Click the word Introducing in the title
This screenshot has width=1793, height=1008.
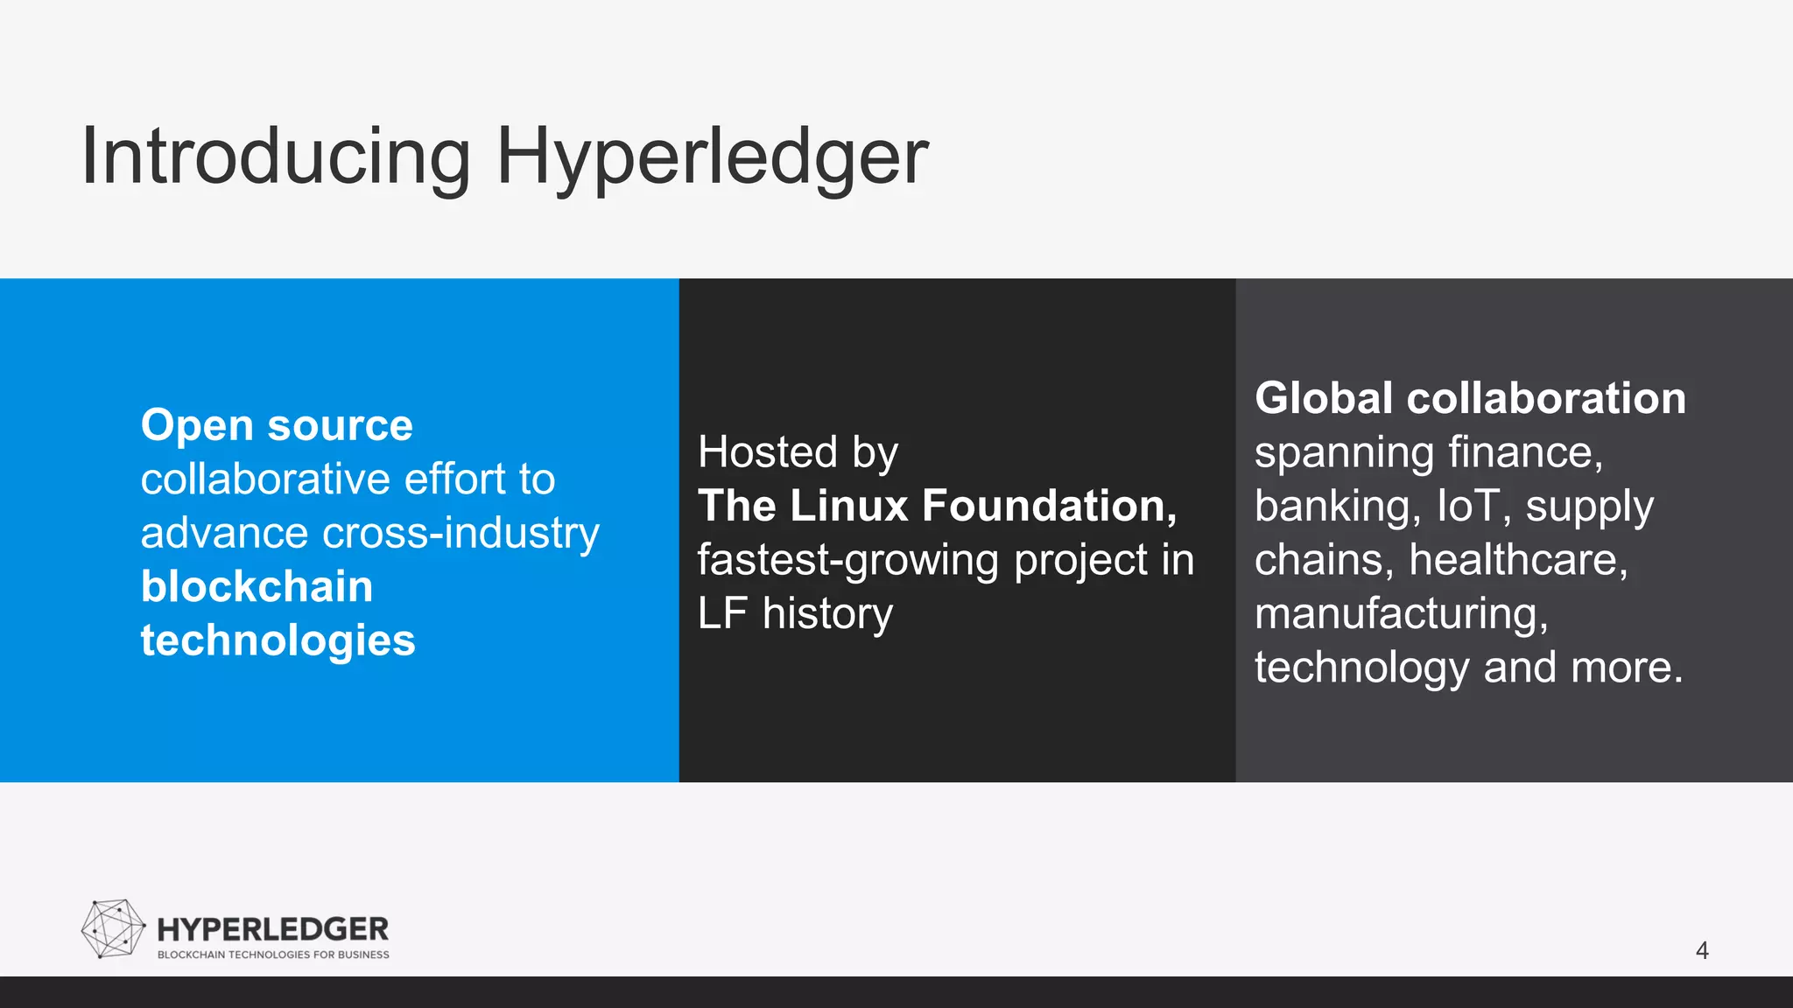click(x=276, y=157)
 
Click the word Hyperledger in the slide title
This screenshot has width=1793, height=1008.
click(x=712, y=158)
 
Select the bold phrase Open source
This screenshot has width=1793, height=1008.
click(x=277, y=425)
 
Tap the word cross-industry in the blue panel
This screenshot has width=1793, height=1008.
click(x=461, y=533)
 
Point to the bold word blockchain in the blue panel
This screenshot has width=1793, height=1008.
click(x=257, y=586)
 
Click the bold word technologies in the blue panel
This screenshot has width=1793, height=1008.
click(x=278, y=640)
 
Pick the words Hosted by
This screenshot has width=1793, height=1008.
click(x=798, y=452)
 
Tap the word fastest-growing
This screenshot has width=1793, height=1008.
click(x=847, y=560)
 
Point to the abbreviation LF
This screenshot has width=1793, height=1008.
click(x=721, y=613)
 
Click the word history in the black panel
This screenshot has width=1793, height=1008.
click(x=827, y=613)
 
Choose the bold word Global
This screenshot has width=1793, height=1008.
click(x=1323, y=398)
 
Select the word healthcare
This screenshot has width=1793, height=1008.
click(x=1518, y=560)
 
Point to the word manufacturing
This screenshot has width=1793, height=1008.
click(x=1401, y=613)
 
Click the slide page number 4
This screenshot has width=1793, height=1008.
click(x=1702, y=950)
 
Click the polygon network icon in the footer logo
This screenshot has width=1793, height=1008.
click(x=113, y=928)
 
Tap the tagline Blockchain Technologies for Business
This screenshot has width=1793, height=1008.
click(x=273, y=955)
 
